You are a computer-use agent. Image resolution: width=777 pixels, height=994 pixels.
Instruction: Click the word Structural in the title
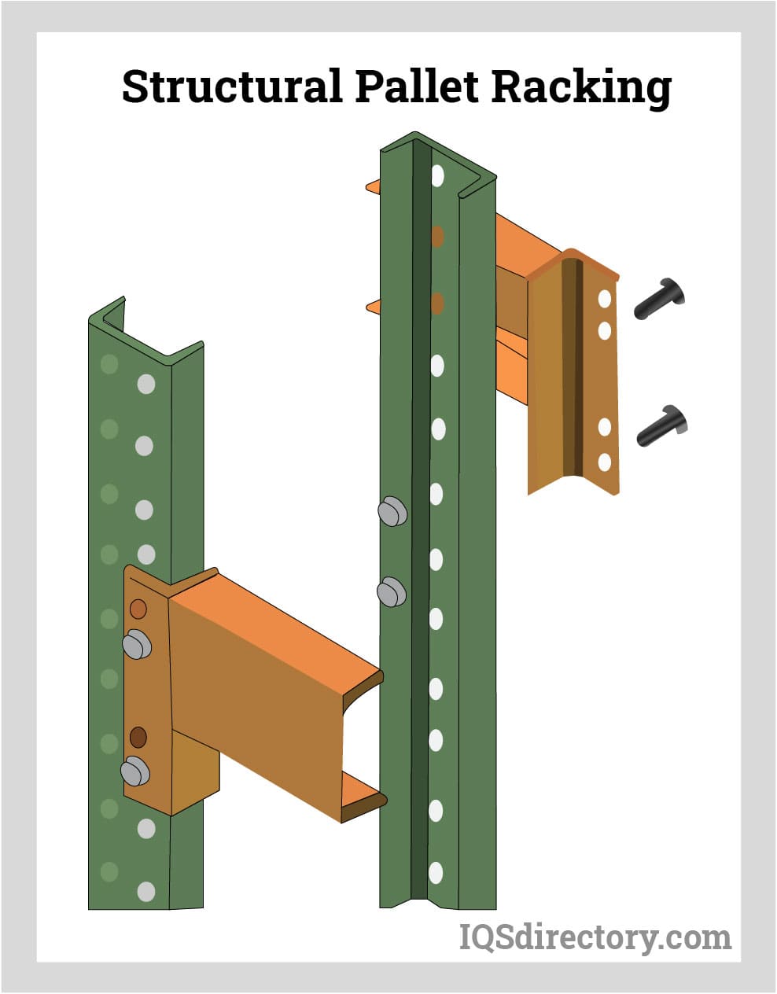click(x=232, y=86)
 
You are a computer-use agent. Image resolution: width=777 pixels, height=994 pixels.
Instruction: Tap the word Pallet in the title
click(x=417, y=86)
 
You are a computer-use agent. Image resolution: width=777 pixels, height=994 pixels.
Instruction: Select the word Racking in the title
click(x=581, y=89)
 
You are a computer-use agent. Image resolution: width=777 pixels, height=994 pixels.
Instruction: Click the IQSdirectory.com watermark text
click(x=595, y=937)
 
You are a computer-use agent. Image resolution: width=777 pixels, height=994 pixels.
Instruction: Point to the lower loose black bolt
click(x=661, y=425)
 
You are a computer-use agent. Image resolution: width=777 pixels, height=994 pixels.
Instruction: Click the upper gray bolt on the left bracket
click(x=137, y=644)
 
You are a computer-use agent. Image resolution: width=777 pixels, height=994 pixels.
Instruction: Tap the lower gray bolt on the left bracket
click(x=135, y=771)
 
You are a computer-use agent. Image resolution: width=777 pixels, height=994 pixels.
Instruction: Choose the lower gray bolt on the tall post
click(x=392, y=592)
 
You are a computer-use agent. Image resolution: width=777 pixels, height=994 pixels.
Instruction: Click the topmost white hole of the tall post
click(x=438, y=175)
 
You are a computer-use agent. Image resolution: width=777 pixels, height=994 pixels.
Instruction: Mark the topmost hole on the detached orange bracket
click(x=605, y=299)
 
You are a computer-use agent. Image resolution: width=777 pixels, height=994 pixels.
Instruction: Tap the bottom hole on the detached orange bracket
click(x=605, y=462)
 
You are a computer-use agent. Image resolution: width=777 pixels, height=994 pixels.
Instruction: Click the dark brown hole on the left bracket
click(x=138, y=738)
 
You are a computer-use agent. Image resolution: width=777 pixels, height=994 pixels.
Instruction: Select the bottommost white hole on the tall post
click(x=436, y=873)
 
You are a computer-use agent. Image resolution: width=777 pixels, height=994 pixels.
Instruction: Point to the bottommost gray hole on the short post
click(x=146, y=892)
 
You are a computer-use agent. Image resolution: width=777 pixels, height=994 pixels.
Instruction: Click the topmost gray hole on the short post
click(x=146, y=385)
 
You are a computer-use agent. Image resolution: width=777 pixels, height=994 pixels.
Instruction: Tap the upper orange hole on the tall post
click(x=438, y=237)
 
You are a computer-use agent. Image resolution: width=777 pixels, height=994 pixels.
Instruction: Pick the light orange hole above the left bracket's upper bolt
click(x=138, y=609)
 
